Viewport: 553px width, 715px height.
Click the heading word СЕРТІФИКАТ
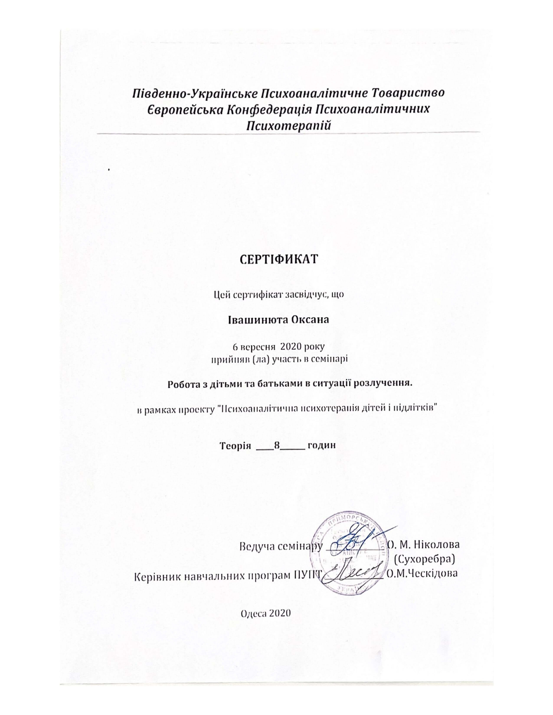pyautogui.click(x=279, y=259)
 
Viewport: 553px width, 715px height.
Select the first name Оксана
pyautogui.click(x=310, y=320)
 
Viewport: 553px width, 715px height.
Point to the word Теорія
pyautogui.click(x=235, y=446)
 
